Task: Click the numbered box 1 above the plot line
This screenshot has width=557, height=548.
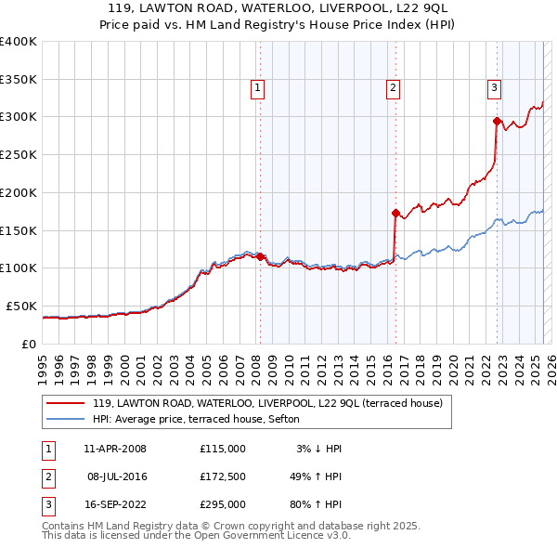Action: pos(256,88)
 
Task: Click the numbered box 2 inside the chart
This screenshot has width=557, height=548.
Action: pos(394,88)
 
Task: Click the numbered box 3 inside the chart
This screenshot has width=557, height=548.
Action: pos(494,88)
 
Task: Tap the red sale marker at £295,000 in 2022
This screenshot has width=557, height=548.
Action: pos(498,120)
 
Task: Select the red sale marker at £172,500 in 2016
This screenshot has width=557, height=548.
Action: pos(396,213)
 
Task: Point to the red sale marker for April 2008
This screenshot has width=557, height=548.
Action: pos(260,256)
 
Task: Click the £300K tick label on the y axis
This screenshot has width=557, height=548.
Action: pos(18,117)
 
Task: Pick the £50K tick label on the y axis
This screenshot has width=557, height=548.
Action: pos(21,306)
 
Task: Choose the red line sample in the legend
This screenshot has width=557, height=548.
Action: pos(66,403)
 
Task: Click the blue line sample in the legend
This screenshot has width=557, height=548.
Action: pos(66,419)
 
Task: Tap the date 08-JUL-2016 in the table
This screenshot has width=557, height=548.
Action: pos(117,476)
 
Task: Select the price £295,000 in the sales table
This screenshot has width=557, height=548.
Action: pos(222,505)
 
